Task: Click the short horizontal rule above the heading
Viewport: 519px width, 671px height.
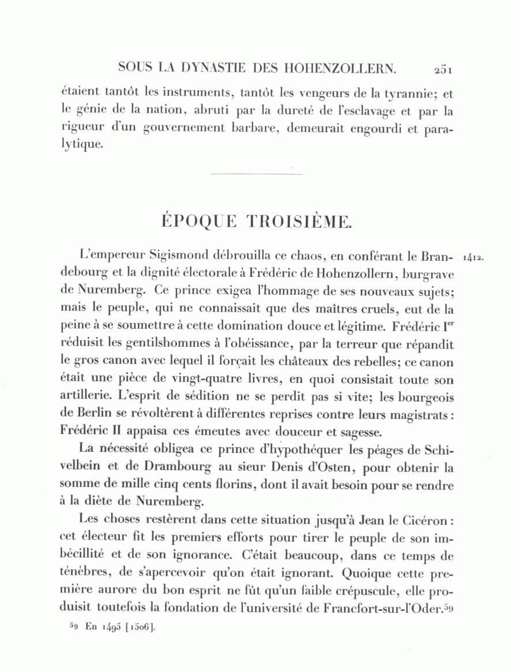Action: click(257, 174)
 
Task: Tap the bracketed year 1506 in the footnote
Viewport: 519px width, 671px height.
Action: click(138, 627)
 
